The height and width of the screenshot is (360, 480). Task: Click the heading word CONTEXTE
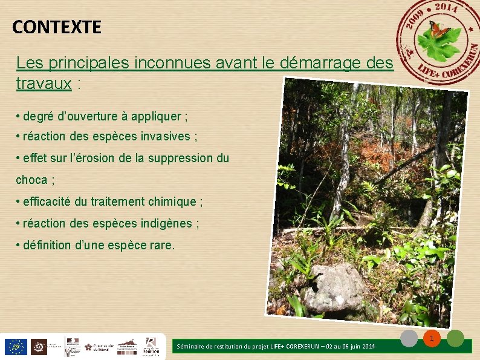click(x=57, y=27)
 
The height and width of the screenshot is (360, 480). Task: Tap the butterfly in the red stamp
click(x=439, y=28)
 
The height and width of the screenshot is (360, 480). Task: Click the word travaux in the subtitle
click(x=44, y=83)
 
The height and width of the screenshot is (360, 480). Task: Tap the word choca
click(x=31, y=180)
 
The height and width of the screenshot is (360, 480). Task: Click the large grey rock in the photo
click(x=334, y=287)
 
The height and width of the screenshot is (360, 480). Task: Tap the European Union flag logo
click(x=15, y=347)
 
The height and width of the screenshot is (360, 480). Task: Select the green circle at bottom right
click(x=455, y=338)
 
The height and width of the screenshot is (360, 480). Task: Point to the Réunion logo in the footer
click(x=151, y=346)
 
